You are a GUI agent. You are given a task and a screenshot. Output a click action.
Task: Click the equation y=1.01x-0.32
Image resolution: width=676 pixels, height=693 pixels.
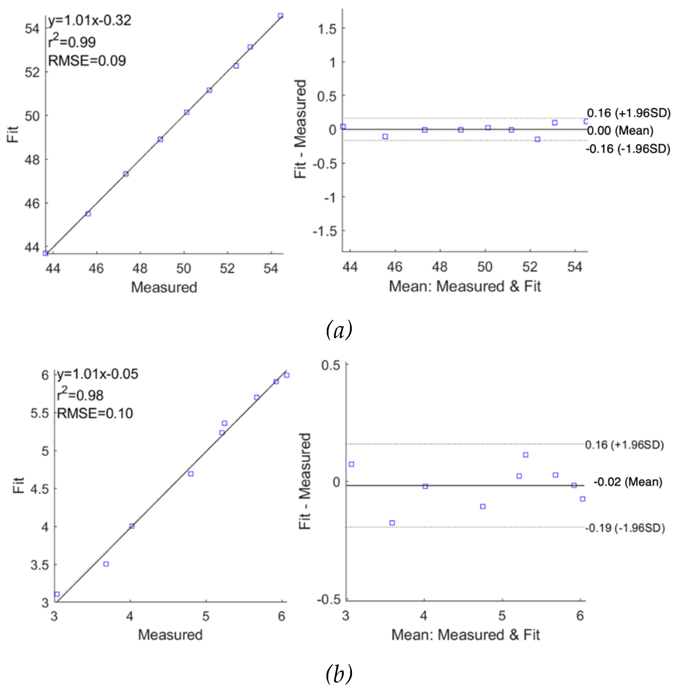pos(90,20)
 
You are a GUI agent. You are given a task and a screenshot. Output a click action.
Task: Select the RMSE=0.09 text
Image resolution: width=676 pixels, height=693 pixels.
pos(87,61)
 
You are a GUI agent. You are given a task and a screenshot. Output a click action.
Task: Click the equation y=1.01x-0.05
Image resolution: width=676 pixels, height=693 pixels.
pos(98,374)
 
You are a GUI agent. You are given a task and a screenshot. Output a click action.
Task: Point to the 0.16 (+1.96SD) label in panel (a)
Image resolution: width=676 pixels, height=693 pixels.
pos(628,113)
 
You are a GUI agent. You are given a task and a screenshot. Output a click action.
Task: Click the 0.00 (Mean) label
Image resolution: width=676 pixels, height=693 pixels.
pos(620,130)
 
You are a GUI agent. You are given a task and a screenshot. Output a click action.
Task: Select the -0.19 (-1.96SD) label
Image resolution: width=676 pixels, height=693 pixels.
pos(625,528)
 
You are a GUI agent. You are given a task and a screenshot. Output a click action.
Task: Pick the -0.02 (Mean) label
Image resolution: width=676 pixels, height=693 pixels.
pos(628,482)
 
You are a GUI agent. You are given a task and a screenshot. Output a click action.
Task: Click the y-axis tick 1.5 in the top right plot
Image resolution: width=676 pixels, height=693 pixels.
pos(327,29)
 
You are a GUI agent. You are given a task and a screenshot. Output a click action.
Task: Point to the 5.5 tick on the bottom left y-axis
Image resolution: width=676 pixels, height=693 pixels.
pos(40,413)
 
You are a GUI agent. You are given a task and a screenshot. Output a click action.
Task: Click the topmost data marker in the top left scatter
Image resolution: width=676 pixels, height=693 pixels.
pos(280,16)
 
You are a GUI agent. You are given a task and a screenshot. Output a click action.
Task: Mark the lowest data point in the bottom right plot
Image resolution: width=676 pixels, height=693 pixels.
pos(392,523)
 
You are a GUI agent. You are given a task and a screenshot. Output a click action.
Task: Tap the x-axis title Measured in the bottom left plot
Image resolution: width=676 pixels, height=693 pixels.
pos(170,635)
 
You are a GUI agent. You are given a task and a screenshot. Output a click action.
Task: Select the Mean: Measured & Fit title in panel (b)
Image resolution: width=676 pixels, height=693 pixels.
pos(465,635)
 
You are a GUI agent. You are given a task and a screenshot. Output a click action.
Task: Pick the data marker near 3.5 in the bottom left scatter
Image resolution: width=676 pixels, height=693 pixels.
pos(106,564)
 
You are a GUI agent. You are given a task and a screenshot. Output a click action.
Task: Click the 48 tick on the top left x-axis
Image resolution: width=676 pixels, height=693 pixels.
pos(140,268)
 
